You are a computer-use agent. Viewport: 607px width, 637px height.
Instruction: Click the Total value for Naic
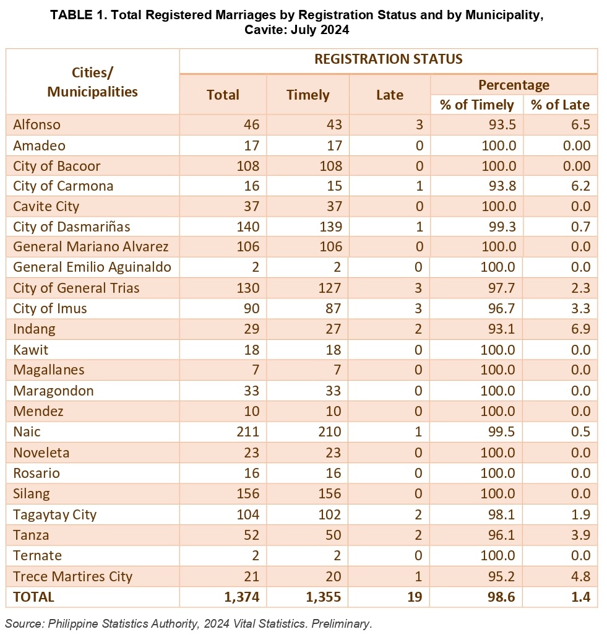point(248,431)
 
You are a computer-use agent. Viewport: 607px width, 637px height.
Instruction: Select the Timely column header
point(308,95)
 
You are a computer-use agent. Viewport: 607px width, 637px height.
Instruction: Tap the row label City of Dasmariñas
point(71,227)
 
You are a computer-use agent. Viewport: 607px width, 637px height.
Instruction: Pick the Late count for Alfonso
point(420,124)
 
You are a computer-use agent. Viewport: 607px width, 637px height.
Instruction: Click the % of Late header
point(561,105)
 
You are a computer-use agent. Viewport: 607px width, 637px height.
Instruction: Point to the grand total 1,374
point(241,597)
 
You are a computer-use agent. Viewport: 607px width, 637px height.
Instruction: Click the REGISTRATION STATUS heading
point(388,59)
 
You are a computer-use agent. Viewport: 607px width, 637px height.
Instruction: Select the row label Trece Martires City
point(72,576)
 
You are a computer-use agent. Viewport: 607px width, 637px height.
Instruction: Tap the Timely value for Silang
point(329,493)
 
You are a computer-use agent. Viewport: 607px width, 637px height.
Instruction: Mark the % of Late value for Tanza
point(580,535)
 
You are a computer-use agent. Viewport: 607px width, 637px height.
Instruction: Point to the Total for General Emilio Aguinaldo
point(255,267)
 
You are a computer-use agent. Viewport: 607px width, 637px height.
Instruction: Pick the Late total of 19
point(415,597)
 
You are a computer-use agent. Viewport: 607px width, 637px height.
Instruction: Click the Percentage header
point(514,85)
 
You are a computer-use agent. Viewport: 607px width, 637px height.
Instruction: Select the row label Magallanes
point(49,370)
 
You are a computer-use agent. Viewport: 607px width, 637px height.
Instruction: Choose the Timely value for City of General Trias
point(329,288)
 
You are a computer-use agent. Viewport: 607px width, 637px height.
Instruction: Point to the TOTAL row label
point(33,597)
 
